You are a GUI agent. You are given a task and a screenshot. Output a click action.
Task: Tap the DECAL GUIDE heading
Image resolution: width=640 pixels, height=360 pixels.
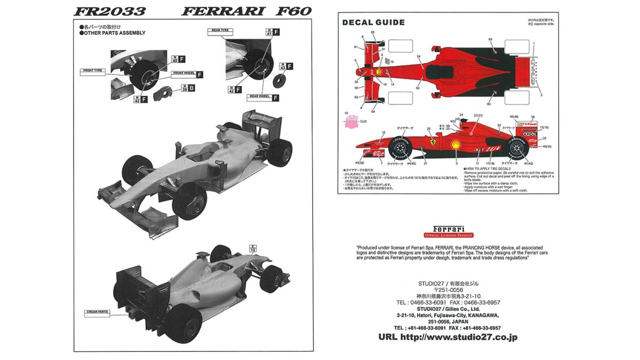[x=373, y=22]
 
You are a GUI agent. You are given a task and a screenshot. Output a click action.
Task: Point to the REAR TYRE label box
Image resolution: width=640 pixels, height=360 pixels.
[x=218, y=30]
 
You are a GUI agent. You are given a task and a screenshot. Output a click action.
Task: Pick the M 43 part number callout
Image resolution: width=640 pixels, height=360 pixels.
[x=283, y=67]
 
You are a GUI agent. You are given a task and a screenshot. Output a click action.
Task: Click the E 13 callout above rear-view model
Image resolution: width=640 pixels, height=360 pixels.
[x=253, y=248]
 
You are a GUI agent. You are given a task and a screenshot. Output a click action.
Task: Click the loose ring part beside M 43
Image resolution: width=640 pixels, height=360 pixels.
[x=278, y=81]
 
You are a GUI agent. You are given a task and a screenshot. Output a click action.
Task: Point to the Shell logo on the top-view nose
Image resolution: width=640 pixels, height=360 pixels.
[x=379, y=72]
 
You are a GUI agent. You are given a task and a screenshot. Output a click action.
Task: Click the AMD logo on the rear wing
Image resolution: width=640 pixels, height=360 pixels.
[x=530, y=134]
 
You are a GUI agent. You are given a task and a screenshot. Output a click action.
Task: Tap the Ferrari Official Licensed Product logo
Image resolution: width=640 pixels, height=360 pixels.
[x=449, y=230]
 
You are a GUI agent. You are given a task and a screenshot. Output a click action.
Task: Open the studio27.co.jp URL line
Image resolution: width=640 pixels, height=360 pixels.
[x=447, y=337]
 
